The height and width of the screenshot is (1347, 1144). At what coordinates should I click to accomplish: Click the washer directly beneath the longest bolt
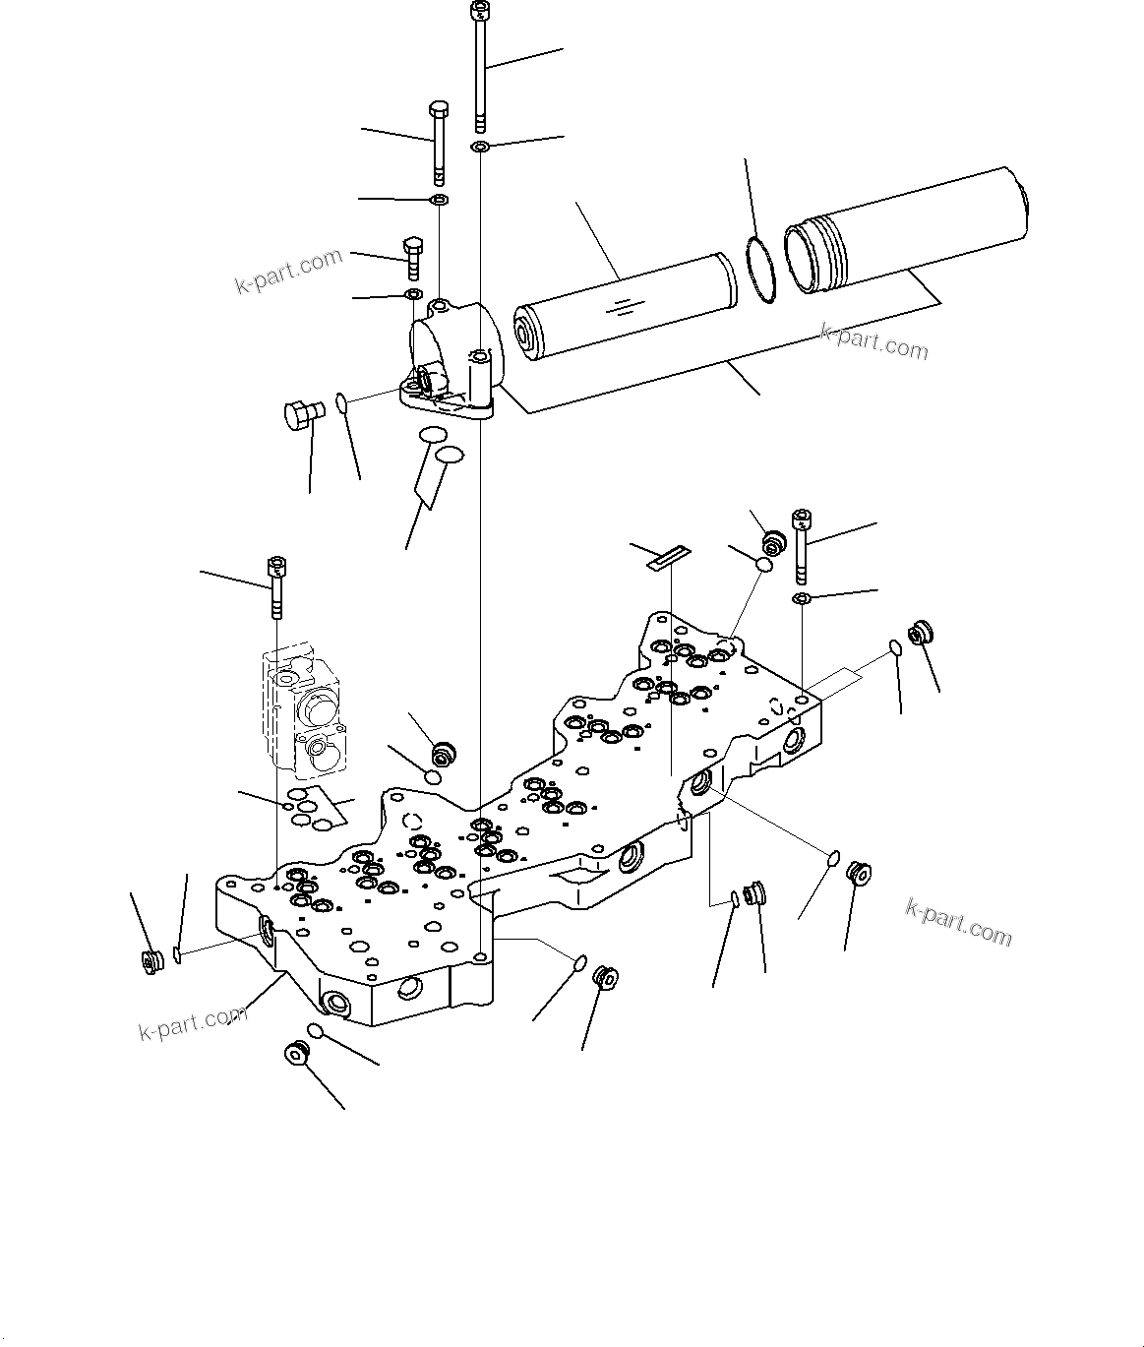479,148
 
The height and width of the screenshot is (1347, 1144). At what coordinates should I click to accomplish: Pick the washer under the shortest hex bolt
413,294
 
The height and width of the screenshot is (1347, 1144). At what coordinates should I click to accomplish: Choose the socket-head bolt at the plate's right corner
803,543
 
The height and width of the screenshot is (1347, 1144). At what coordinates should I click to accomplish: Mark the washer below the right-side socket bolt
802,599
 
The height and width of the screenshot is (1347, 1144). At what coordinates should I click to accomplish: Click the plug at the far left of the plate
151,961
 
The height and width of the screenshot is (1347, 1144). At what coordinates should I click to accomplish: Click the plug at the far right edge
922,633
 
